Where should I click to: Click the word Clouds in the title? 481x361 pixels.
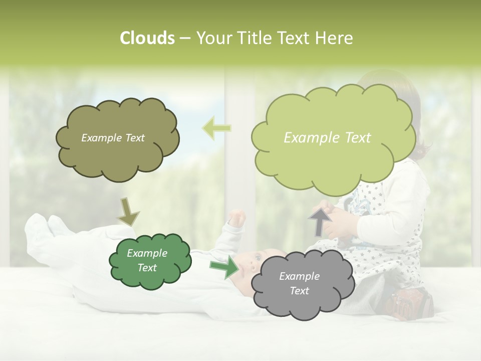tap(147, 38)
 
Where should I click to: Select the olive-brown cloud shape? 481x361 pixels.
tap(118, 155)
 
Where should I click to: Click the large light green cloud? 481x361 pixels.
tap(333, 160)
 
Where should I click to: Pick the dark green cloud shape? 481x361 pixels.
tap(150, 278)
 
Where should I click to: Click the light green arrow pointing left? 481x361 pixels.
tap(216, 128)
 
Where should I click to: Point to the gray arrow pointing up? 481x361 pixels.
tap(320, 222)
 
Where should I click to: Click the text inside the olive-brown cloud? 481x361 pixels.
tap(113, 138)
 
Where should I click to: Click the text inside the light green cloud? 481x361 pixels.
tap(327, 138)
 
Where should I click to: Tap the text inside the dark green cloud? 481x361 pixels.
tap(147, 260)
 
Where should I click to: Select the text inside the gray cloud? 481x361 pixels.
tap(299, 283)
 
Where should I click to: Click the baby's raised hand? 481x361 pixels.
tap(236, 218)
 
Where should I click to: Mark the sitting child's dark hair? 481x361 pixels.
tap(401, 95)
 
